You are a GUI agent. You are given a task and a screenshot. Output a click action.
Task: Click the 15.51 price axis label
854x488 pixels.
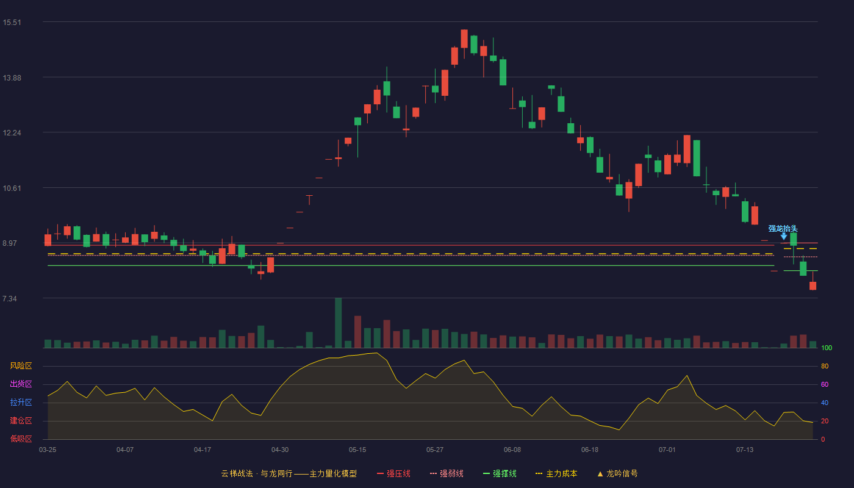pyautogui.click(x=12, y=23)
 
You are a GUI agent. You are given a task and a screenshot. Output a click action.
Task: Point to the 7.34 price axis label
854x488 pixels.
pyautogui.click(x=10, y=298)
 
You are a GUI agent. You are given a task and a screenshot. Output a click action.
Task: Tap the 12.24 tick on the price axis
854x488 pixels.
pyautogui.click(x=12, y=133)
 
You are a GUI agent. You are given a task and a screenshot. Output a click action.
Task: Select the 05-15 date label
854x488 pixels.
pyautogui.click(x=357, y=450)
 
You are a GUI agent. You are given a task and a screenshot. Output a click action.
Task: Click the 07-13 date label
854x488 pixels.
pyautogui.click(x=745, y=450)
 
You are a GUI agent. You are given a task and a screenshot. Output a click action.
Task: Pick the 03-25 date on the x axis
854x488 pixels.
pyautogui.click(x=48, y=450)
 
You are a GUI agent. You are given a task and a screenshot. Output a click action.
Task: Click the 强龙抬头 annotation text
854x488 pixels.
pyautogui.click(x=783, y=229)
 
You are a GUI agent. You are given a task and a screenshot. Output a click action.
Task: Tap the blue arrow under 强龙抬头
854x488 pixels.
pyautogui.click(x=784, y=237)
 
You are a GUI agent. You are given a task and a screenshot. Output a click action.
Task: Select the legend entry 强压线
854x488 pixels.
pyautogui.click(x=393, y=473)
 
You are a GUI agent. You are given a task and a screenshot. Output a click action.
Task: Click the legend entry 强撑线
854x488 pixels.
pyautogui.click(x=500, y=473)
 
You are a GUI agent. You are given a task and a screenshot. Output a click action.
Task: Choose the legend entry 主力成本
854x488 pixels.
pyautogui.click(x=556, y=473)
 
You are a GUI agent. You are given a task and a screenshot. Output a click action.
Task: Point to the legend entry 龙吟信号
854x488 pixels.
pyautogui.click(x=617, y=473)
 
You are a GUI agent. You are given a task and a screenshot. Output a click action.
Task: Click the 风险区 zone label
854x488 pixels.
pyautogui.click(x=21, y=366)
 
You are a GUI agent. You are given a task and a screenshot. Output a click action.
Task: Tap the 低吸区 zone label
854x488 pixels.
pyautogui.click(x=21, y=439)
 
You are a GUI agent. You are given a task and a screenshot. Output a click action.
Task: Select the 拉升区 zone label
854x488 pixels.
pyautogui.click(x=21, y=403)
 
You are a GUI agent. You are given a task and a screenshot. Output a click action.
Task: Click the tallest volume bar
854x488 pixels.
pyautogui.click(x=338, y=323)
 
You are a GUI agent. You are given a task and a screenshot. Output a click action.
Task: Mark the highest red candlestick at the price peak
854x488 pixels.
pyautogui.click(x=464, y=38)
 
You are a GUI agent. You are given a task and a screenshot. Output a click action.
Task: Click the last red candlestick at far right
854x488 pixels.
pyautogui.click(x=813, y=285)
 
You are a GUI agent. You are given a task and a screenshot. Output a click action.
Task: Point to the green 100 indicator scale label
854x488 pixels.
pyautogui.click(x=827, y=348)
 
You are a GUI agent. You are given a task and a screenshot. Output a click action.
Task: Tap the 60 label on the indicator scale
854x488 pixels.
pyautogui.click(x=825, y=384)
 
